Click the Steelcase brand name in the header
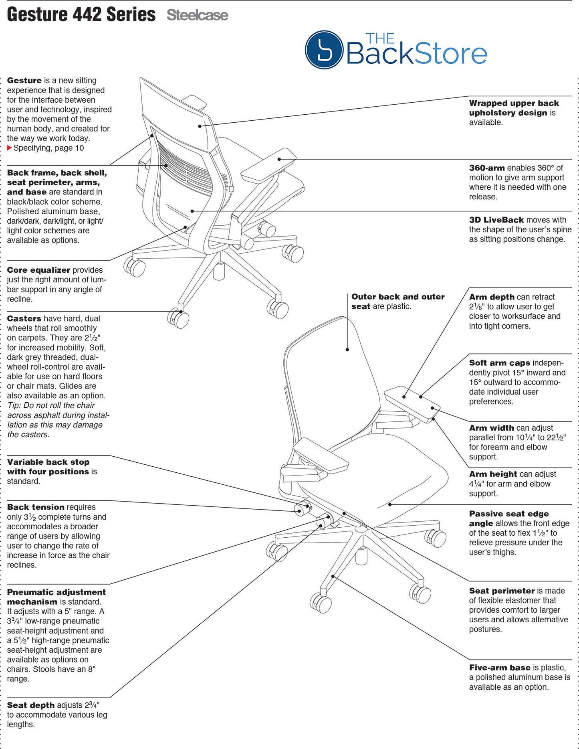(x=197, y=15)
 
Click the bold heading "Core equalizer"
(x=38, y=270)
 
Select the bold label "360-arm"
(x=487, y=168)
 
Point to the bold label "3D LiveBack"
(x=496, y=220)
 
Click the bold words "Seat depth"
(x=31, y=705)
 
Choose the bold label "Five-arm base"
(x=500, y=668)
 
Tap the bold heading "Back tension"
(x=36, y=507)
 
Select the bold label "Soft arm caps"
(x=500, y=363)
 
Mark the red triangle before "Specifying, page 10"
(x=10, y=148)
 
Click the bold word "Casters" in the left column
(x=24, y=319)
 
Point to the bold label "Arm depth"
(x=492, y=297)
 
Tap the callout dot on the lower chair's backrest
(x=347, y=350)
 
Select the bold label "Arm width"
(x=492, y=428)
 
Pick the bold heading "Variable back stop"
(x=48, y=462)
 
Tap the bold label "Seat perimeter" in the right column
(x=502, y=591)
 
